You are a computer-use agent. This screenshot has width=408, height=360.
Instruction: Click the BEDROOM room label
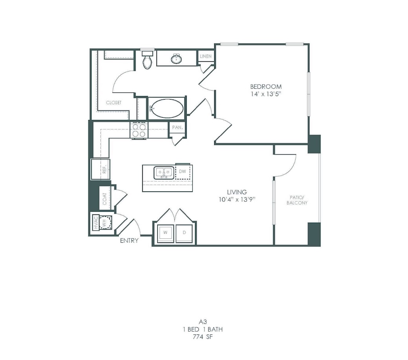(266, 87)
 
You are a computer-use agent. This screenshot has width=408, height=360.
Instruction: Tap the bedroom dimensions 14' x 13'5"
(266, 94)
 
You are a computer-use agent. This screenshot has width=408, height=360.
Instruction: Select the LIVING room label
(237, 192)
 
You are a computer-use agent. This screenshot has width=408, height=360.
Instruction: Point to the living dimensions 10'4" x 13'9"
(237, 199)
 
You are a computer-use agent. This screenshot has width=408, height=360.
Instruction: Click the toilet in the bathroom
(147, 60)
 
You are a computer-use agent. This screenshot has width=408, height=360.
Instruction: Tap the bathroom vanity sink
(176, 59)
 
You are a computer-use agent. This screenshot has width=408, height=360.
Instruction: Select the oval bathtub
(167, 108)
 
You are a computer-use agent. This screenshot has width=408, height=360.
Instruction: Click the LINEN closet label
(206, 56)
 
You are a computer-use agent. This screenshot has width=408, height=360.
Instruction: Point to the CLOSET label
(114, 103)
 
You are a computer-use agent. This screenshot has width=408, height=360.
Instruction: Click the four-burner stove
(139, 130)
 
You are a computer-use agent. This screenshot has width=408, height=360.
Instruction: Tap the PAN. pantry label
(177, 127)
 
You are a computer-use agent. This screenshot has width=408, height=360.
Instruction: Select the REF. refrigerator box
(101, 169)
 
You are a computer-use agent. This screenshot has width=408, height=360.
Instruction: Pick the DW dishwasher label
(183, 172)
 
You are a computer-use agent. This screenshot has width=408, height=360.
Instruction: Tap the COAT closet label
(105, 199)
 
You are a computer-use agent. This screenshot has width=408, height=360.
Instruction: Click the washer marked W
(165, 233)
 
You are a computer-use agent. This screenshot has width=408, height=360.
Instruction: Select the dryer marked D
(184, 233)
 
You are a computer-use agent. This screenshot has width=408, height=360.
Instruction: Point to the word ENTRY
(129, 241)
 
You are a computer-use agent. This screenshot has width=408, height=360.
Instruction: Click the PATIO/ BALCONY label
(297, 200)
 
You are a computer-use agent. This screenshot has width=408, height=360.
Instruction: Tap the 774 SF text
(203, 337)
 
